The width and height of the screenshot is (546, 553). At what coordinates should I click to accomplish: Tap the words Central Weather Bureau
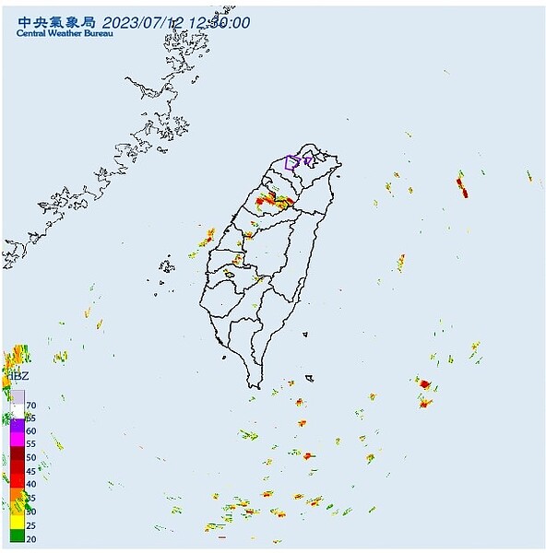tap(65, 35)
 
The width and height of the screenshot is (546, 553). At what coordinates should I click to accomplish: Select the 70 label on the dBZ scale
tap(31, 406)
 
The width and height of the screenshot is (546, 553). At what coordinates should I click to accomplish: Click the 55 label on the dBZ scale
tap(31, 444)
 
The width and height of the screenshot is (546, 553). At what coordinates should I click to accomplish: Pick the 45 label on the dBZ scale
tap(31, 471)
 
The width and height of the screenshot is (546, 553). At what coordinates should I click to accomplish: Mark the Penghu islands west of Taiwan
tap(167, 268)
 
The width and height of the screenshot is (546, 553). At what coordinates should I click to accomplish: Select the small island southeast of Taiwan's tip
tap(310, 377)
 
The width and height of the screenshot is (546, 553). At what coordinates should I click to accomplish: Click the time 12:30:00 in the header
tap(220, 23)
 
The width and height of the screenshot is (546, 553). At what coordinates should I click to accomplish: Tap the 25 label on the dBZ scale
tap(31, 524)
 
